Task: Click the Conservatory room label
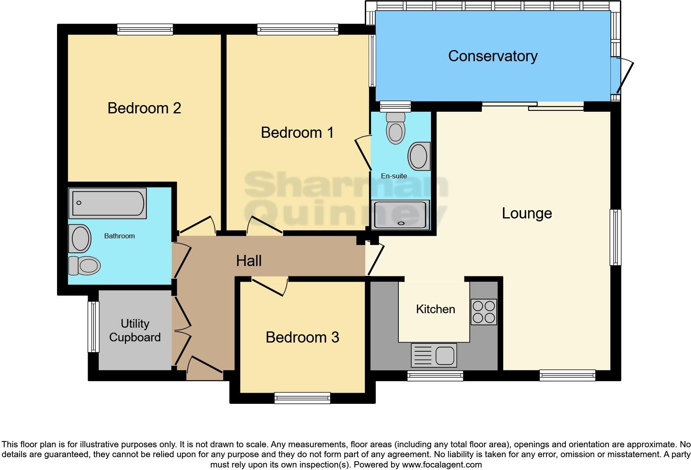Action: [493, 56]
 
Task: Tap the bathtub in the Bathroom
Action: [107, 203]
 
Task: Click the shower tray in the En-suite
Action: [400, 215]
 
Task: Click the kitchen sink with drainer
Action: [434, 355]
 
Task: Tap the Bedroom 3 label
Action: [302, 337]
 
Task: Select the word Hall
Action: [249, 261]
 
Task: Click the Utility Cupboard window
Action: [94, 327]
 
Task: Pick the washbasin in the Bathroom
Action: [80, 239]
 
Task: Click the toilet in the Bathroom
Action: [85, 265]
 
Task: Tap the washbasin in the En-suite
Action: [419, 156]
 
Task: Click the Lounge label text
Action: [527, 213]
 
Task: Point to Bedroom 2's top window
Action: [145, 29]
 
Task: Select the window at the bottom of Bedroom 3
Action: [303, 398]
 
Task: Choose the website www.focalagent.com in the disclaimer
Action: [442, 465]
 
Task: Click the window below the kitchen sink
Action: [435, 376]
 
